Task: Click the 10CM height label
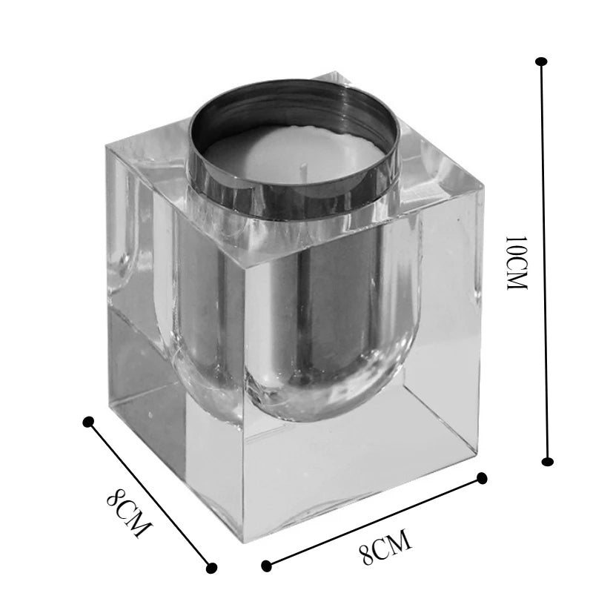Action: click(x=516, y=263)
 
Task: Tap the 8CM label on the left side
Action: click(x=130, y=512)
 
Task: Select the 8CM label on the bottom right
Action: click(x=385, y=546)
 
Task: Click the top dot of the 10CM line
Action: click(x=542, y=62)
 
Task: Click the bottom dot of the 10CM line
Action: click(x=547, y=461)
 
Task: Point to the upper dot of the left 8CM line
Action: click(x=88, y=422)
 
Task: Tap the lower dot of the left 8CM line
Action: click(x=212, y=568)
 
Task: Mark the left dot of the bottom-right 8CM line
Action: click(x=267, y=566)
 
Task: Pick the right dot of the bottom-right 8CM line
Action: click(x=482, y=478)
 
